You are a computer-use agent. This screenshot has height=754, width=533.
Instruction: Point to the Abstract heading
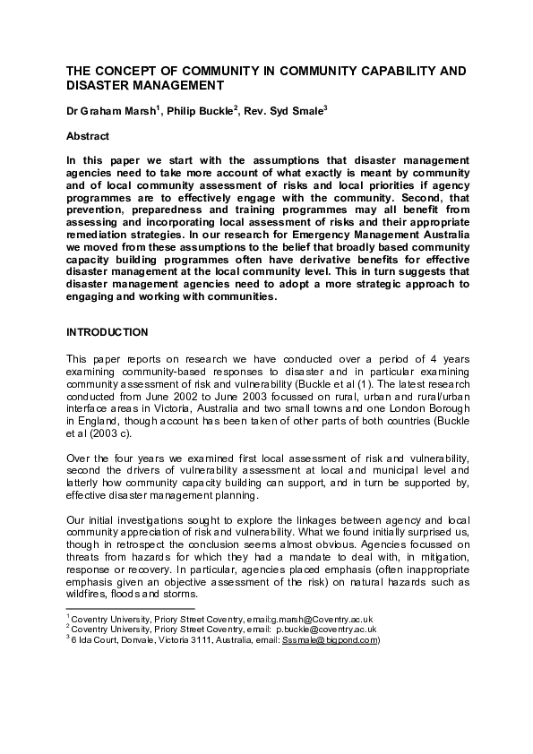coord(88,136)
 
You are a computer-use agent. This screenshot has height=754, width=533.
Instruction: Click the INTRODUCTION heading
coord(107,332)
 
